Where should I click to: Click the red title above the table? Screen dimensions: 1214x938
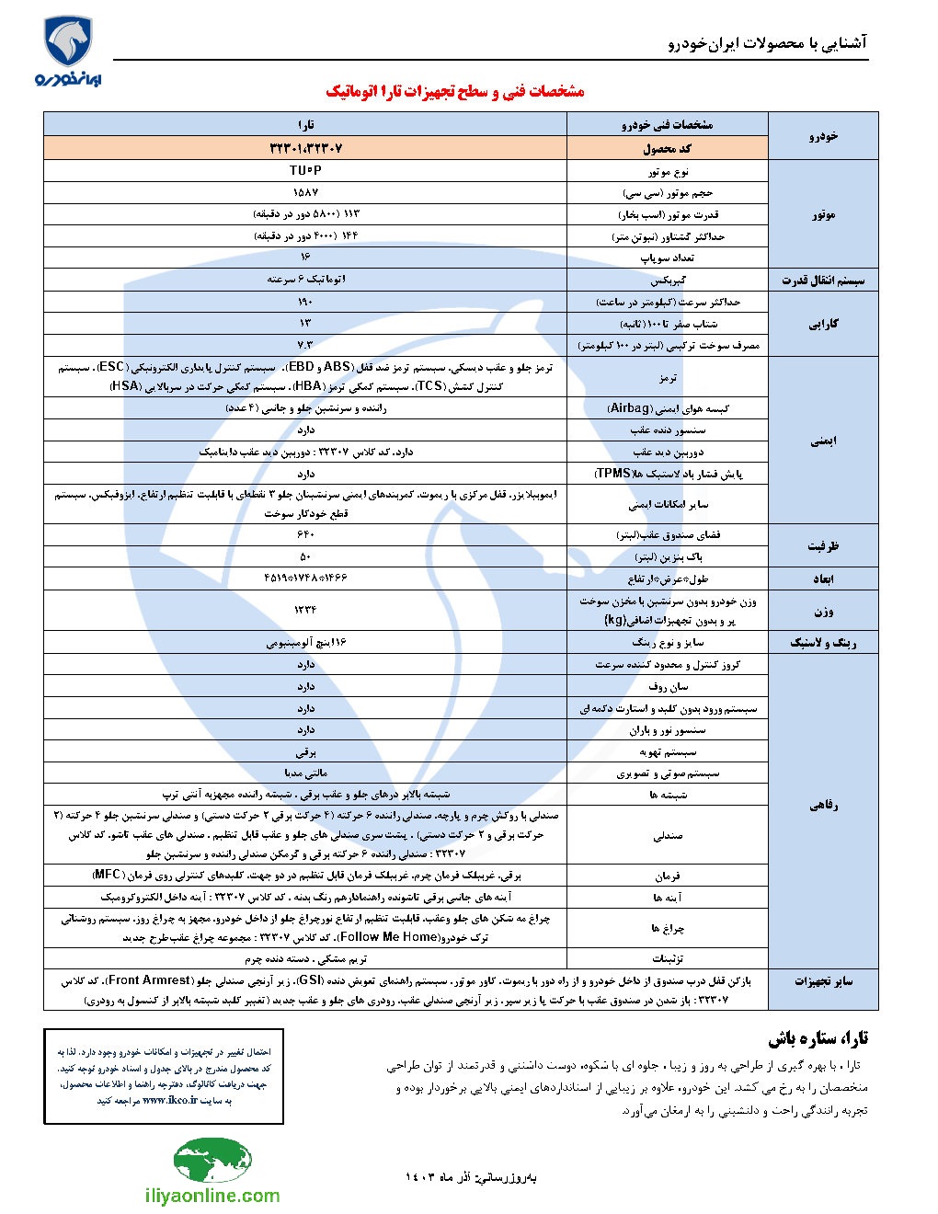(x=455, y=91)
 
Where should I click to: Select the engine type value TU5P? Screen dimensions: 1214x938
(x=305, y=171)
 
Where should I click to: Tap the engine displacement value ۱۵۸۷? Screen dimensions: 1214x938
(x=305, y=193)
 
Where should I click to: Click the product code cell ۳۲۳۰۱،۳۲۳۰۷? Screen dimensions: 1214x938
(x=305, y=148)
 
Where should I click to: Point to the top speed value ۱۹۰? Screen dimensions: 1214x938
(x=305, y=302)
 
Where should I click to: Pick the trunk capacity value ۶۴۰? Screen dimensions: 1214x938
(x=305, y=534)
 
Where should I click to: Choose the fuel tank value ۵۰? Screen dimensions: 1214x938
(x=305, y=556)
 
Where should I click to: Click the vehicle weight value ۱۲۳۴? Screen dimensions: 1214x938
(x=305, y=609)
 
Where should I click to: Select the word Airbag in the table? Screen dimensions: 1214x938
(x=630, y=407)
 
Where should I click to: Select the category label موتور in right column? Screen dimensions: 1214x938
(x=823, y=214)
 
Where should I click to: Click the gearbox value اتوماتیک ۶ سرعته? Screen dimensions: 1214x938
(x=305, y=280)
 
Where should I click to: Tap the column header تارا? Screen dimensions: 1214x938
(x=305, y=124)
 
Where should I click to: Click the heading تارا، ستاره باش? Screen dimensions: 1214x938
(x=818, y=1038)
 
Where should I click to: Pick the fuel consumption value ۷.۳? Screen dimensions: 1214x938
(x=305, y=345)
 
